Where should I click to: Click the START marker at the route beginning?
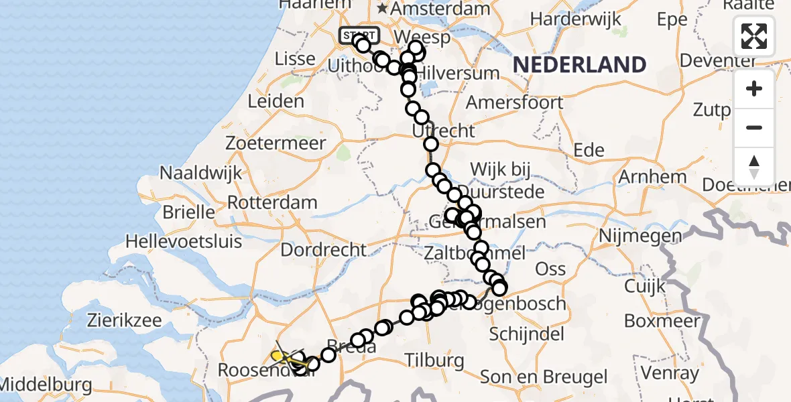coord(360,36)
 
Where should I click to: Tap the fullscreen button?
coord(754,36)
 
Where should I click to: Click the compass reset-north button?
coord(754,166)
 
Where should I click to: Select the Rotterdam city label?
coord(272,202)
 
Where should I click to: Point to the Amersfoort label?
coord(515,103)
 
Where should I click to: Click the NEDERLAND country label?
coord(579,65)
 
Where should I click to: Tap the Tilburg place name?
coord(434,360)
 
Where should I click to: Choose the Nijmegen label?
coord(640,236)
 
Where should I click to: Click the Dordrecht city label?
coord(324,251)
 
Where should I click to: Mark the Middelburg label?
coord(46,386)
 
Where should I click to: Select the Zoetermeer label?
coord(276,143)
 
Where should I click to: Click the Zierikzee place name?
coord(124,320)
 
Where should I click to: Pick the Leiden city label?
coord(276,102)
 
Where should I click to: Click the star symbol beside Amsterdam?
coord(383,9)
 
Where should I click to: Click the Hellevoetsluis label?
coord(184,241)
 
